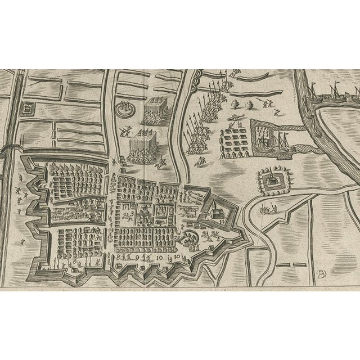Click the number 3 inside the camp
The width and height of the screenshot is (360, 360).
[132, 214]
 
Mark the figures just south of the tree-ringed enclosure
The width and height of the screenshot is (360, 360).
[267, 210]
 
